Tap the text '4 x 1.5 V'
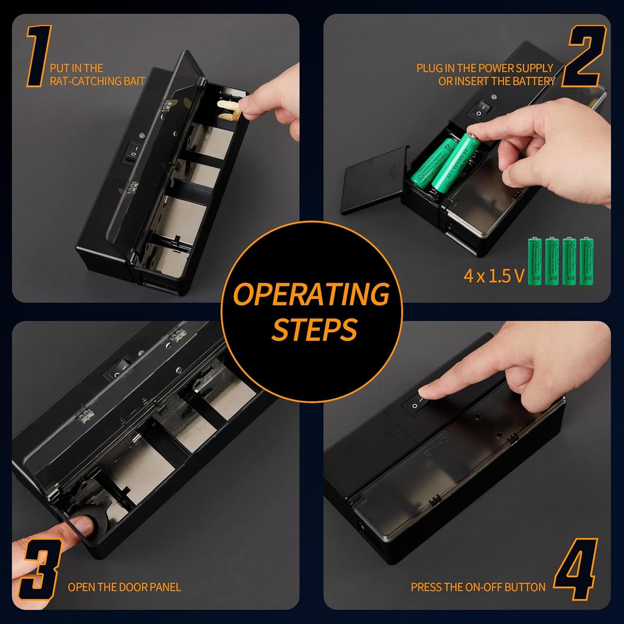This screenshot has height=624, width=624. point(494,276)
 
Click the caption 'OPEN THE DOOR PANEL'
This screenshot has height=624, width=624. point(124,587)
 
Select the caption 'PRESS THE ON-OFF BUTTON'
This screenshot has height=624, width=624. point(478,587)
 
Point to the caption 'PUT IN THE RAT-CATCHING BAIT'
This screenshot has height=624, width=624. point(97,75)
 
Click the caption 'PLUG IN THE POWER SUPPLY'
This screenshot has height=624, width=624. point(485,68)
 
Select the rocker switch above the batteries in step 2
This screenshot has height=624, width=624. point(480,109)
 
